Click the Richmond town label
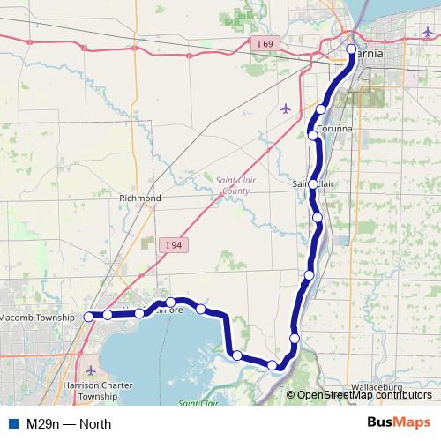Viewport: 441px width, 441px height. [x=140, y=198]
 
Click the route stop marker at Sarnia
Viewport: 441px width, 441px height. [x=351, y=49]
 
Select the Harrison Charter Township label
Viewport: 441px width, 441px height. [x=97, y=392]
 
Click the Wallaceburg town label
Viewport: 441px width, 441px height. [x=376, y=387]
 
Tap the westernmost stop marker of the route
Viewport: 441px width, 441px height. [x=88, y=316]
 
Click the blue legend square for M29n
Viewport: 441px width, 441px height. [x=12, y=423]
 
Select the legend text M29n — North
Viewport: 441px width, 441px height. [x=69, y=423]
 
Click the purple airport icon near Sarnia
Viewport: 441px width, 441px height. [x=284, y=108]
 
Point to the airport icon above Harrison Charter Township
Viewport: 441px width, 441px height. [x=93, y=370]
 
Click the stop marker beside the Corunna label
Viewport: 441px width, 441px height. [x=313, y=135]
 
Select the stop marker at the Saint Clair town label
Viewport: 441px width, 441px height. [x=313, y=183]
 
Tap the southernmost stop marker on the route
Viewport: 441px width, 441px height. [x=273, y=365]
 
